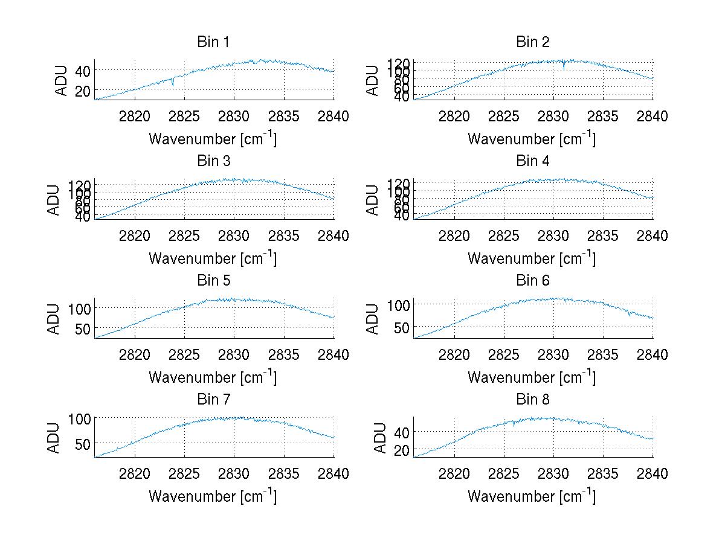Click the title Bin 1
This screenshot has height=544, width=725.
click(213, 42)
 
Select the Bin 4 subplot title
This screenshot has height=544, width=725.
click(532, 161)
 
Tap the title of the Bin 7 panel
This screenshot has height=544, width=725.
click(213, 400)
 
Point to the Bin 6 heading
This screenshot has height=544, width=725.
click(532, 281)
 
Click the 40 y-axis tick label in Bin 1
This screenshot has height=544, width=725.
click(83, 71)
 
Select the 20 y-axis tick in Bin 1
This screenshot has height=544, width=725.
click(83, 91)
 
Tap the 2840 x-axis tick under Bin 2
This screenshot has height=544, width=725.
click(652, 117)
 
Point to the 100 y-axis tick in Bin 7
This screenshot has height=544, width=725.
click(80, 418)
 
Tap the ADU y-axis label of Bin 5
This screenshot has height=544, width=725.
click(54, 319)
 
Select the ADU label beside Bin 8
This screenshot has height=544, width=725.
click(380, 438)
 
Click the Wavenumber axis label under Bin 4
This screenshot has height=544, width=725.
click(532, 258)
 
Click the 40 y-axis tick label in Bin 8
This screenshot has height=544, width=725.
click(402, 432)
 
